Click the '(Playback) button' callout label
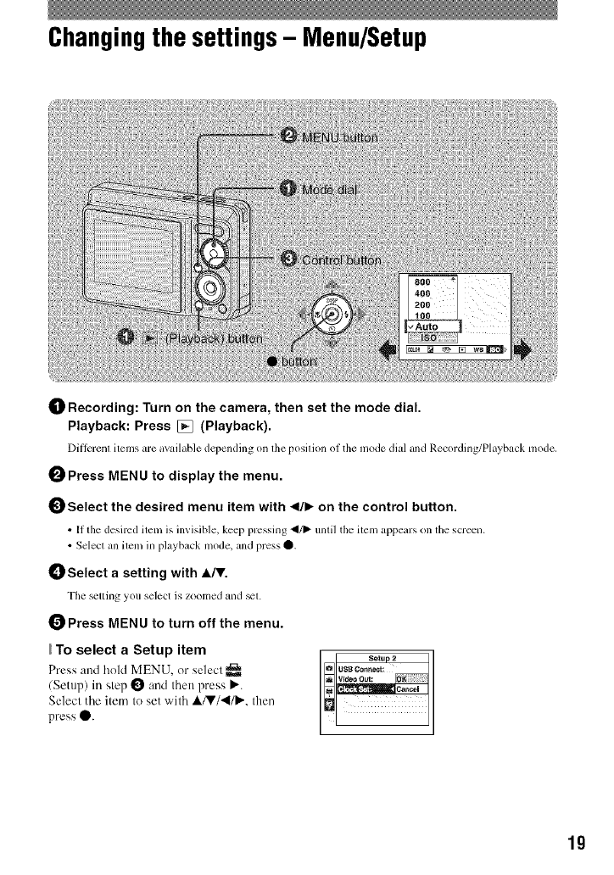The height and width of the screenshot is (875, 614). (202, 338)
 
